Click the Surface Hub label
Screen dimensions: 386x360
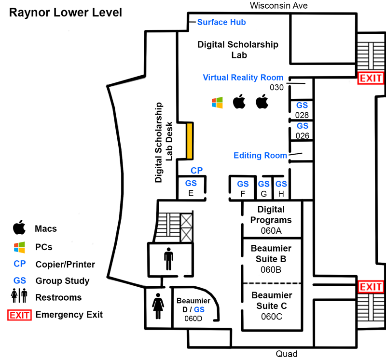click(x=221, y=22)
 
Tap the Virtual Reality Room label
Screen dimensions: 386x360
click(x=243, y=78)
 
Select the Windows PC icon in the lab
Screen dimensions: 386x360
click(x=217, y=103)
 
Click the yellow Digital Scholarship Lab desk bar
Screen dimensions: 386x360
click(x=189, y=141)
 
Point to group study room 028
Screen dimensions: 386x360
click(x=302, y=110)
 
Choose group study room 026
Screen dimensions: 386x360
click(x=302, y=131)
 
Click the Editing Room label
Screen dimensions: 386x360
click(x=260, y=155)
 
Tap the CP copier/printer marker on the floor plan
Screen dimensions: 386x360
click(x=196, y=170)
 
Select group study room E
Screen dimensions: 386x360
click(x=191, y=188)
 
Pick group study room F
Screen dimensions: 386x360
click(x=243, y=188)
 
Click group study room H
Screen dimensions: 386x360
click(x=281, y=188)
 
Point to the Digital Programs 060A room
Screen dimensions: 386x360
click(x=271, y=220)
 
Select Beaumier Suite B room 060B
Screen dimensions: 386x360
click(x=271, y=259)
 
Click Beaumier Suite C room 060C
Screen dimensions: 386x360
click(x=272, y=306)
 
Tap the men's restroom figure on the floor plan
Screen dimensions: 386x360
click(x=168, y=259)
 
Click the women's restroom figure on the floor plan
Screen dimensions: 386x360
click(x=158, y=306)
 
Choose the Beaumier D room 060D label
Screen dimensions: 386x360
click(x=193, y=309)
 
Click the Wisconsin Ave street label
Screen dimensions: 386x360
click(x=279, y=5)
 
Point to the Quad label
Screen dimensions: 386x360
click(x=287, y=354)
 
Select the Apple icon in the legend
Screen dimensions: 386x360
click(x=19, y=227)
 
